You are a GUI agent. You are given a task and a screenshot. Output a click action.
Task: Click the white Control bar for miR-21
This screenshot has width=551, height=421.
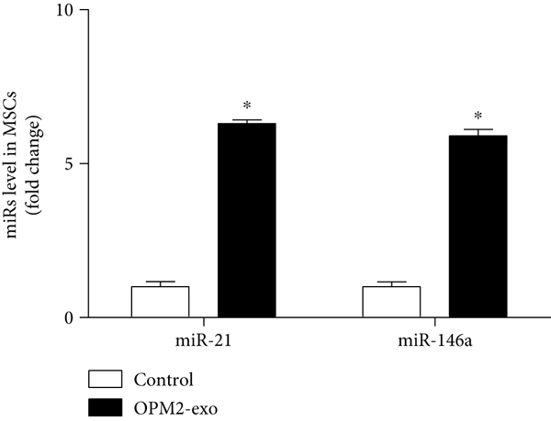point(160,302)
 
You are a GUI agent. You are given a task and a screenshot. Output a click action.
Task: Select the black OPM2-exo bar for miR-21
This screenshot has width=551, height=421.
point(246,220)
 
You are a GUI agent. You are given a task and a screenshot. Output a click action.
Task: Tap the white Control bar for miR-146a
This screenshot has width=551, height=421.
point(391,302)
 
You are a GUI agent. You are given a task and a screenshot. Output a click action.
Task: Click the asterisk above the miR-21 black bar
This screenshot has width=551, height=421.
point(246,108)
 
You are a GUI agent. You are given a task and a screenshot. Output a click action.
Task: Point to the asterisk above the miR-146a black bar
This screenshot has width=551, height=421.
point(478,117)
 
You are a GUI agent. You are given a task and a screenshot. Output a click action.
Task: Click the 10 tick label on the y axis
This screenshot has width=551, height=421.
point(67,10)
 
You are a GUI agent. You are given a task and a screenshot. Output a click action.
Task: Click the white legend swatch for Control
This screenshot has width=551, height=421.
point(106,379)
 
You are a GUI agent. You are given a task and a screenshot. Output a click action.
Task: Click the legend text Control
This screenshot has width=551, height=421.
point(163,379)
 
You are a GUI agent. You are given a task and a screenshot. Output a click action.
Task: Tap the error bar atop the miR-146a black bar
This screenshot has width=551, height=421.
point(478,132)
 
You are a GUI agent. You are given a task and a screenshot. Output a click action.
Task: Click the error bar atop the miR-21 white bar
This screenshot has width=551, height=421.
point(160,283)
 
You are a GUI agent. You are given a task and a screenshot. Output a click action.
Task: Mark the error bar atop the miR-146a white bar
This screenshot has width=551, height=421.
point(391,283)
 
